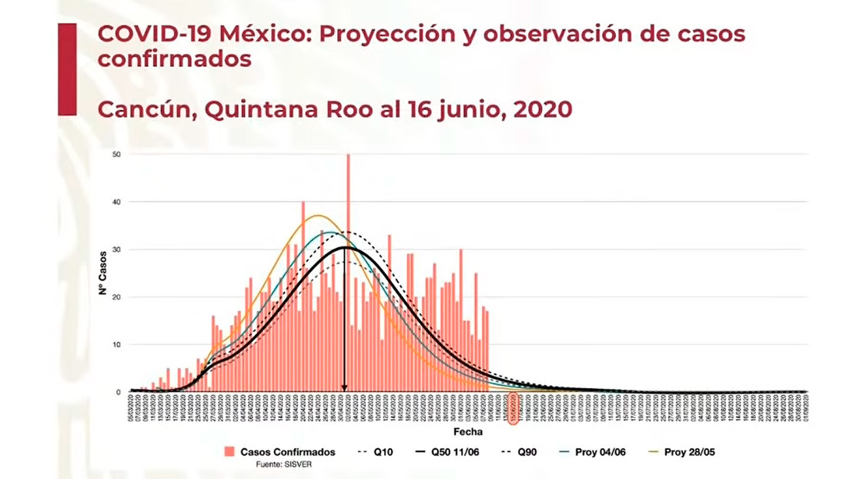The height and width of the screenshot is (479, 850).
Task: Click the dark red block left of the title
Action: tap(67, 69)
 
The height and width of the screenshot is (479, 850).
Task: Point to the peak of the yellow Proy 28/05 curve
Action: tap(318, 216)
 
